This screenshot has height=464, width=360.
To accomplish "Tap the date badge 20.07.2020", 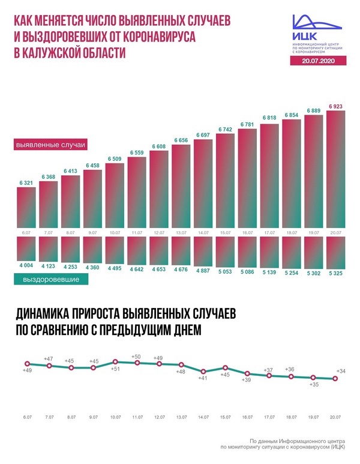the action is click(x=318, y=61).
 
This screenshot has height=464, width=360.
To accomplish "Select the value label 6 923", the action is click(x=335, y=106).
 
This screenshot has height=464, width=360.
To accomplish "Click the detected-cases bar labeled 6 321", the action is click(x=26, y=208).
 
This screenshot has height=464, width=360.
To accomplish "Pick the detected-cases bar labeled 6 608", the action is click(x=159, y=190).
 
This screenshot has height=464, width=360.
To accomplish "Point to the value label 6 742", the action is click(x=226, y=129).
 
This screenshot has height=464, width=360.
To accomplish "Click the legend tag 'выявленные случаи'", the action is click(x=50, y=145).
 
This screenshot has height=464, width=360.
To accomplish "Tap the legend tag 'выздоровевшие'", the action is click(x=51, y=279).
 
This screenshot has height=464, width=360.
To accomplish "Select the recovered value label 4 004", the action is click(x=26, y=265).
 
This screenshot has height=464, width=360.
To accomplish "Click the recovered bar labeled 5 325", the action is click(x=335, y=253).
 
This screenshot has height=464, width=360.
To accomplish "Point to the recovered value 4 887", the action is click(x=203, y=271).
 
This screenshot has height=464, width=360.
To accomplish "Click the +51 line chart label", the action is click(x=115, y=369).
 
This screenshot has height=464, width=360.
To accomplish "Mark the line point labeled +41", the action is click(x=203, y=372).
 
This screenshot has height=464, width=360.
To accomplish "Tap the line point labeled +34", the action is click(x=335, y=378).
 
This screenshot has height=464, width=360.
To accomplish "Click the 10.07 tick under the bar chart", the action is click(x=115, y=232).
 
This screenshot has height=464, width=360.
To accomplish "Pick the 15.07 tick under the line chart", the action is click(x=225, y=417).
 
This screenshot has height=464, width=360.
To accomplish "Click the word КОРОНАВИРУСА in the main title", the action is click(x=159, y=37).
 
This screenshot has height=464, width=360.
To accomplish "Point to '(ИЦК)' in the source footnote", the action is click(x=338, y=447).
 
